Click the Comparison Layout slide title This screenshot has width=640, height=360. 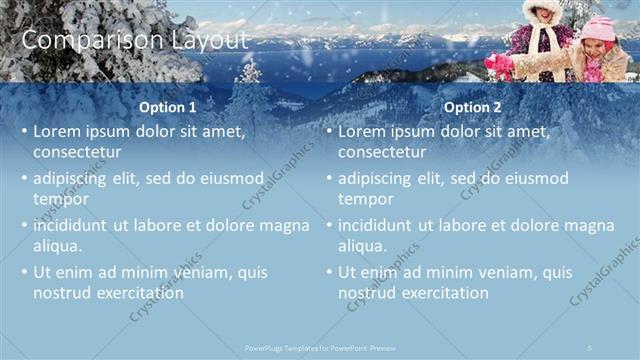134,40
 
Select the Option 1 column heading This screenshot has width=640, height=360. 167,107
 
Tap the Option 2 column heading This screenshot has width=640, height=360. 473,107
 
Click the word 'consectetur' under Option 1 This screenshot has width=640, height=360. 77,153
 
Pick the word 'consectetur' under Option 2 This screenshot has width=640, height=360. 382,153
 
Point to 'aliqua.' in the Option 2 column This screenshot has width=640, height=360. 362,246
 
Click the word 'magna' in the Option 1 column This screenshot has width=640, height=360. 285,225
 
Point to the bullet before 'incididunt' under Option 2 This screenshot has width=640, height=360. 328,226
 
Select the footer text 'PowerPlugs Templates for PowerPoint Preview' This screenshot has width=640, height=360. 319,347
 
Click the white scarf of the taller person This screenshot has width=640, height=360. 544,40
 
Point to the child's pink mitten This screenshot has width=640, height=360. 498,64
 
